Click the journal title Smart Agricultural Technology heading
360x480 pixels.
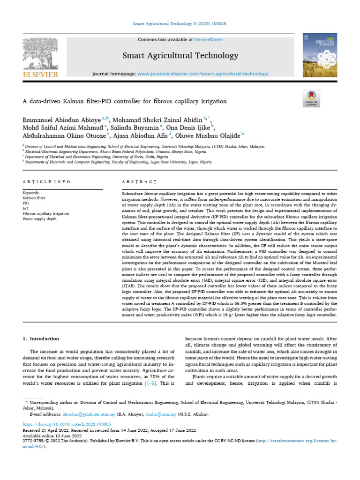pos(180,56)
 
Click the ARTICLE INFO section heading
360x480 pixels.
pos(46,181)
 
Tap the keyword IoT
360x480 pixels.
pos(26,209)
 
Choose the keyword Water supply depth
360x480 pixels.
pos(40,219)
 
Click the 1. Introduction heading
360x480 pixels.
pos(41,338)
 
